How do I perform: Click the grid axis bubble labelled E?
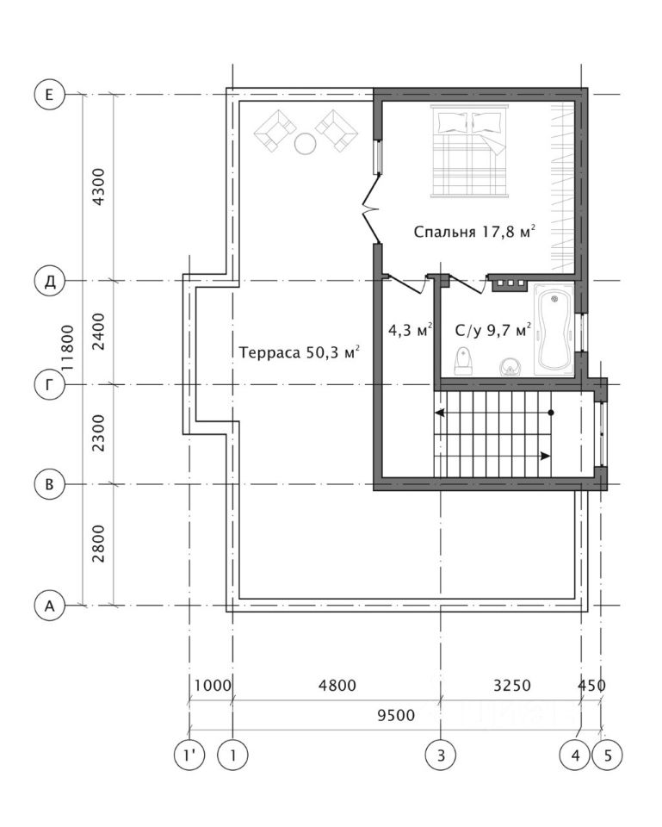coord(49,95)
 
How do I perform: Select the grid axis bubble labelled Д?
coord(49,281)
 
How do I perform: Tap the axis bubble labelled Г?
coord(49,385)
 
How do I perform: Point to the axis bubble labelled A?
coord(49,606)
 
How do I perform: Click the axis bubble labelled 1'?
coord(189,755)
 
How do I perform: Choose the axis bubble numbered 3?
coord(441,755)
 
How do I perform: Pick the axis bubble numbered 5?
coord(607,755)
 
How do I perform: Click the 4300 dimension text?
coord(98,187)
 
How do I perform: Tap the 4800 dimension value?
coord(337,686)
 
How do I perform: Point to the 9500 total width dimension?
coord(396,715)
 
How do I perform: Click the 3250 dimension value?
coord(512,686)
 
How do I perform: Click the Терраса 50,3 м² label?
coord(300,351)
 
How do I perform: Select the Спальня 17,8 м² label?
coord(474,232)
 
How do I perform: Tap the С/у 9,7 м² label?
coord(492,331)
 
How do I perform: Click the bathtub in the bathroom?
coord(554,330)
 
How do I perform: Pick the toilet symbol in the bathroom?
coord(463,361)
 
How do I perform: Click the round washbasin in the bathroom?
coord(509,367)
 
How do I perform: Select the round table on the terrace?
coord(305,144)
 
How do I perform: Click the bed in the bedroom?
coord(469,151)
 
